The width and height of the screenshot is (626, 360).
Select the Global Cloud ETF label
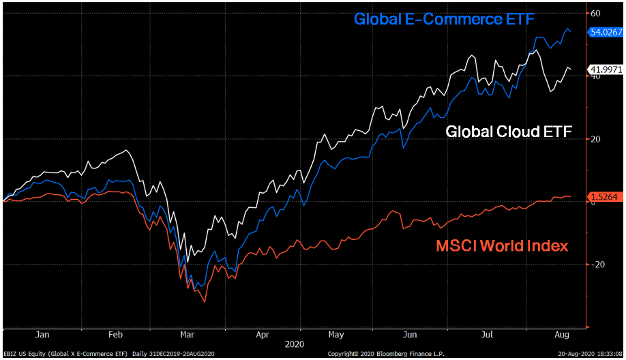click(x=508, y=131)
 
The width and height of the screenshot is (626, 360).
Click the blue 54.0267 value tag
click(x=604, y=32)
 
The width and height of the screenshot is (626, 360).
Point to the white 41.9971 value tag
click(x=604, y=70)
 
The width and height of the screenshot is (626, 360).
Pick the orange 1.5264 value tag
click(x=604, y=197)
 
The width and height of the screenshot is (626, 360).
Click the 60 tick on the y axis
click(x=595, y=14)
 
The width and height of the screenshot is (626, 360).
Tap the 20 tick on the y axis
click(x=595, y=139)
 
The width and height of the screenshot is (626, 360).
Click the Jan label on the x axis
click(x=42, y=335)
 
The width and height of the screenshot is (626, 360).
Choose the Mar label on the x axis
click(x=188, y=335)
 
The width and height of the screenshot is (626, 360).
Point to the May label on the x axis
click(x=336, y=335)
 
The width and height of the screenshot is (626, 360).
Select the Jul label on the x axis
click(x=487, y=335)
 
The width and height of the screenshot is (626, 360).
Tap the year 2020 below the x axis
click(x=295, y=345)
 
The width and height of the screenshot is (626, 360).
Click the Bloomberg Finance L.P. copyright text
click(x=386, y=355)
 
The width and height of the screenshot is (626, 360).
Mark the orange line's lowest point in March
click(x=205, y=301)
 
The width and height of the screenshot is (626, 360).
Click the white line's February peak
click(x=126, y=150)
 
